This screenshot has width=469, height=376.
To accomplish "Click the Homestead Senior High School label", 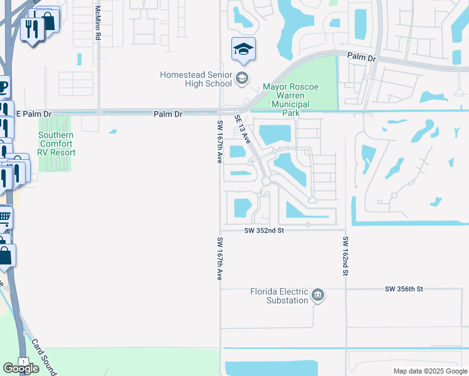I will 196,79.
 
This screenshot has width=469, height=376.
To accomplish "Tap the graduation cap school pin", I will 243,50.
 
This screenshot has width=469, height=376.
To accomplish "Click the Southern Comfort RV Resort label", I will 56,144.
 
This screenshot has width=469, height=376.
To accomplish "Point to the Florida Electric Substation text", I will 279,296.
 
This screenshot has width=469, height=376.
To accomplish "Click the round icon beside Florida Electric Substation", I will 318,295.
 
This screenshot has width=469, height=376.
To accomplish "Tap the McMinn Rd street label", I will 98,24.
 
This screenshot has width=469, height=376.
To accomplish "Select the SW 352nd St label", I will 265,231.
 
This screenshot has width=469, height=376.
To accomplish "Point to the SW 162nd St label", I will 345,257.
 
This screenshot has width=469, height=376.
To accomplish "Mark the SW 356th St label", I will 404,289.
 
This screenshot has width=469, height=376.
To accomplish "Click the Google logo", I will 20,368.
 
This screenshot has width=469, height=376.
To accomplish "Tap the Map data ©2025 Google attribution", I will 429,371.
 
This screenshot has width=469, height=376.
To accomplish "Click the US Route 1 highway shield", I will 23,362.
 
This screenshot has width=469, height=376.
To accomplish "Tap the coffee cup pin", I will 3,86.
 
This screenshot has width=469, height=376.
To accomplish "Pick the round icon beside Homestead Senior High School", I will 241,79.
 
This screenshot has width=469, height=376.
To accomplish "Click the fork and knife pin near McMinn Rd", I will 31,28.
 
